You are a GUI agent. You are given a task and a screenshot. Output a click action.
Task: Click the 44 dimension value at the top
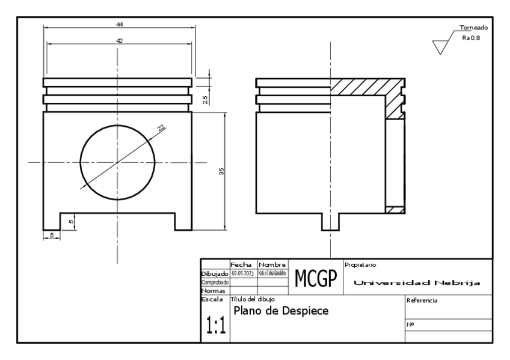[x=120, y=23]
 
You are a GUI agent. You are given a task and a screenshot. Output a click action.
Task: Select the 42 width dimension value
[x=119, y=40]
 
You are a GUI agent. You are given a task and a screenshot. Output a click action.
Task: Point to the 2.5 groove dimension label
[x=206, y=100]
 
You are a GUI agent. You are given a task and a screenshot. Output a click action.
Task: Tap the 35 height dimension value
[x=221, y=171]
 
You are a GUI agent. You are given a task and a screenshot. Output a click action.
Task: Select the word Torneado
[x=473, y=28]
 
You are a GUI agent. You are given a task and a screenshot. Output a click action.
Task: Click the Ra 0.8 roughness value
[x=471, y=37]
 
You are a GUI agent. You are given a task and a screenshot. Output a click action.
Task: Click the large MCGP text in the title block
[x=315, y=278]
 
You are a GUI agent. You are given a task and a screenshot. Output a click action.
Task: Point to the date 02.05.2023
[x=243, y=273]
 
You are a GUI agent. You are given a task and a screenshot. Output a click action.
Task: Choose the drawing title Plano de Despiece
[x=281, y=312]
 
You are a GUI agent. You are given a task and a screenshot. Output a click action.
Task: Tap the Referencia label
[x=422, y=300]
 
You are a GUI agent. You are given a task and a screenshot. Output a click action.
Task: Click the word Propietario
[x=361, y=264]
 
